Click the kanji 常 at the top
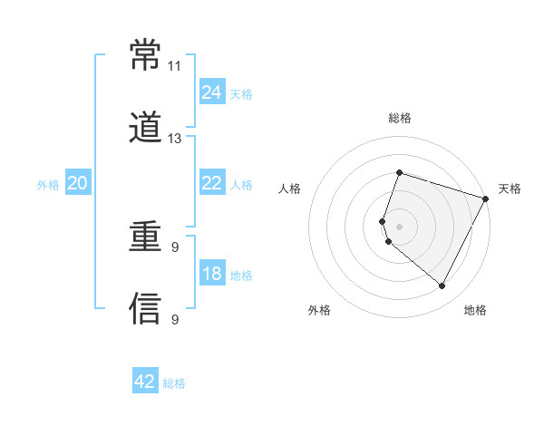(146, 56)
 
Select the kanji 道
(146, 128)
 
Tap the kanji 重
(146, 238)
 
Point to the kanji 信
(146, 309)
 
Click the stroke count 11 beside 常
(174, 66)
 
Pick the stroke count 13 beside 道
(174, 139)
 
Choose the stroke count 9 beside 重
(174, 247)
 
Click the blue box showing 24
(212, 92)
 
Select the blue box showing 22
(212, 183)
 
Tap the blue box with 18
(212, 274)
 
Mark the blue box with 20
(78, 183)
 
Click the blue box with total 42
(145, 382)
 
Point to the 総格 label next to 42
(174, 383)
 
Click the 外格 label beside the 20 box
(48, 185)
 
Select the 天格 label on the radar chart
(510, 189)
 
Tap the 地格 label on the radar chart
(475, 310)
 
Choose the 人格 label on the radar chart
(290, 189)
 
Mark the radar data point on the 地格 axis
(442, 286)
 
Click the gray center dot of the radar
(399, 226)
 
